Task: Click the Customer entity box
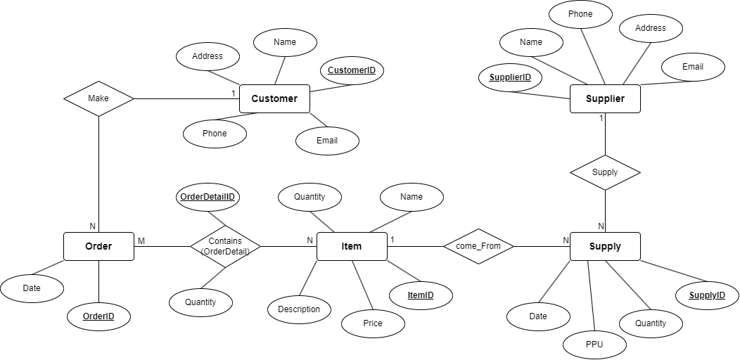pos(274,99)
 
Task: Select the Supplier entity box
pos(605,99)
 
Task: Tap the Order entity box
pos(98,246)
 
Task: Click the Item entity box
pos(352,246)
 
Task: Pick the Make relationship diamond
pos(98,98)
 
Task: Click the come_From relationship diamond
pos(478,246)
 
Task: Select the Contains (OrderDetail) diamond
pos(225,246)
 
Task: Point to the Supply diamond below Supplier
pos(605,172)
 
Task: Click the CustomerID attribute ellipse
pos(352,70)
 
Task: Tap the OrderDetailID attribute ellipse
pos(208,197)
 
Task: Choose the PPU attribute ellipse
pos(594,345)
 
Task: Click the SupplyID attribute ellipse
pos(707,295)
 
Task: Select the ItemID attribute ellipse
pos(421,295)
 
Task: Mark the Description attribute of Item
pos(299,309)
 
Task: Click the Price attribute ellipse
pos(373,323)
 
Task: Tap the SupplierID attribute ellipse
pos(510,77)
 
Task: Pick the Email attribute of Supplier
pos(693,67)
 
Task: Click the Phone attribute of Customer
pos(215,134)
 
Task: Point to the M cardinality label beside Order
pos(141,241)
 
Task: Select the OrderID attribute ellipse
pos(98,316)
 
